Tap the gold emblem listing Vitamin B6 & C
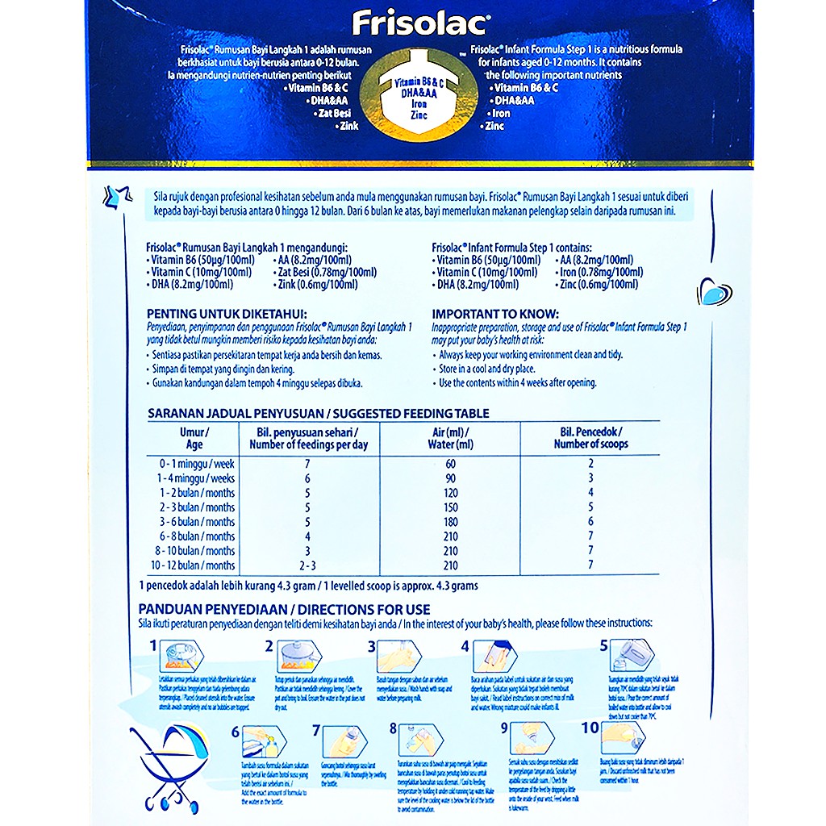(417, 98)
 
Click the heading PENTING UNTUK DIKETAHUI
(227, 314)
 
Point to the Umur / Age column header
(194, 438)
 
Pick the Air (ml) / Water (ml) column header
(451, 438)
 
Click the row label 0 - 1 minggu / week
(196, 464)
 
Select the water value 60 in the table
(450, 464)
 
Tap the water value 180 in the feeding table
(450, 522)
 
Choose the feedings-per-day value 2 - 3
(305, 565)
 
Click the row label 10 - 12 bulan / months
(196, 565)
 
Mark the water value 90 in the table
(450, 478)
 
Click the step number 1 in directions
(153, 646)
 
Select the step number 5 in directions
(603, 646)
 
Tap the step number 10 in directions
(590, 728)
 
